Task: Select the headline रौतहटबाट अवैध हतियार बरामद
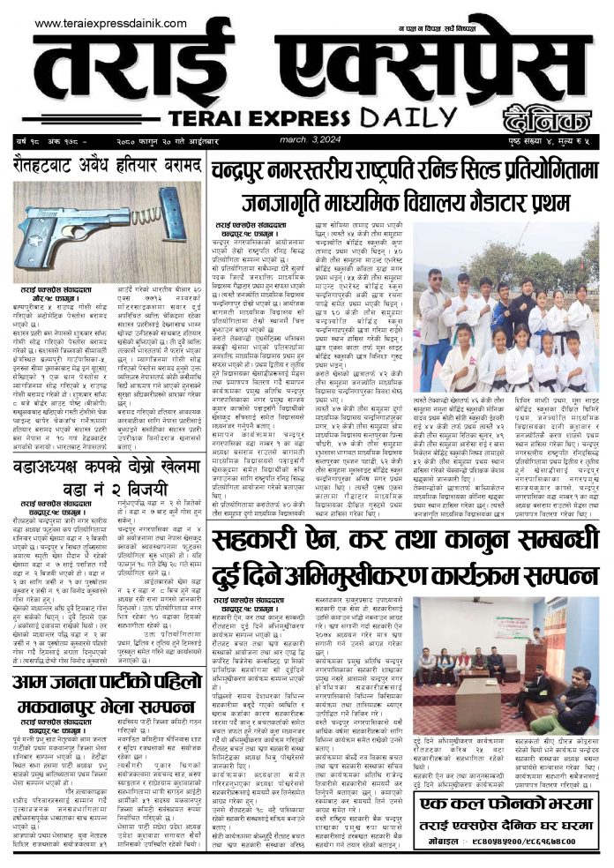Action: [104, 163]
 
